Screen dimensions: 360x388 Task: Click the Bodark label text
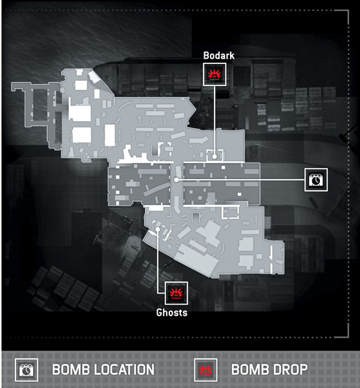coord(219,56)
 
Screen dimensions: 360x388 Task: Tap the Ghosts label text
coord(172,312)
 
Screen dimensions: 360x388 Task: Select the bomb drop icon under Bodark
coord(215,74)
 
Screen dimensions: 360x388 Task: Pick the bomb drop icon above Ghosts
coord(176,293)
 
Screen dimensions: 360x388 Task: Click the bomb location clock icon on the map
coord(316,180)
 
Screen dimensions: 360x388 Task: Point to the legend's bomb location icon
coord(26,370)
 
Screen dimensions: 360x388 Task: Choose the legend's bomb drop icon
coord(206,370)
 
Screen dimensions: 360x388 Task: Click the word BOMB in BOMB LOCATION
coord(70,369)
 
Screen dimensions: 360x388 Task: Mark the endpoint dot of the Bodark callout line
coord(215,156)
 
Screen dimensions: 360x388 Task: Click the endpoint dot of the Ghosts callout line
coord(158,230)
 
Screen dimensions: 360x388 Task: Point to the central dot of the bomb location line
coord(176,180)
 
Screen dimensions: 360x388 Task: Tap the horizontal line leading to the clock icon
coord(241,180)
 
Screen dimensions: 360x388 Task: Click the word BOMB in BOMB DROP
coord(248,369)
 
